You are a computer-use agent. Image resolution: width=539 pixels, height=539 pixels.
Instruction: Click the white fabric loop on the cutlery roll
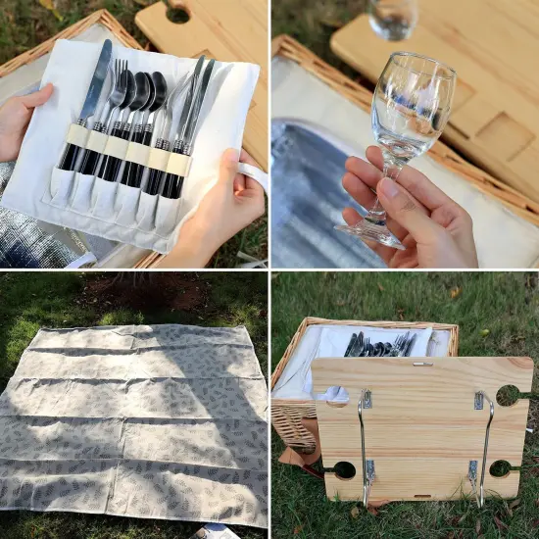click(x=254, y=175)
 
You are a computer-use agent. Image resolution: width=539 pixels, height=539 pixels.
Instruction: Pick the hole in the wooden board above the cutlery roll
click(x=177, y=14)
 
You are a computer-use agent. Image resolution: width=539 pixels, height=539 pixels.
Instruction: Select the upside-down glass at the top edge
click(x=394, y=18)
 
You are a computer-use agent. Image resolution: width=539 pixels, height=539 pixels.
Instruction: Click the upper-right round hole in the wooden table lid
click(x=508, y=395)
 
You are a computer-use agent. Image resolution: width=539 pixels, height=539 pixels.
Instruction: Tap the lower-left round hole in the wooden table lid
click(x=344, y=469)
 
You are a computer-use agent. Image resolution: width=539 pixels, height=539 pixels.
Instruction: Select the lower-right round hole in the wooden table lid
click(x=500, y=468)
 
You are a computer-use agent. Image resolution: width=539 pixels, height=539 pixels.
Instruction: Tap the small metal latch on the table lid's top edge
click(x=421, y=363)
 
